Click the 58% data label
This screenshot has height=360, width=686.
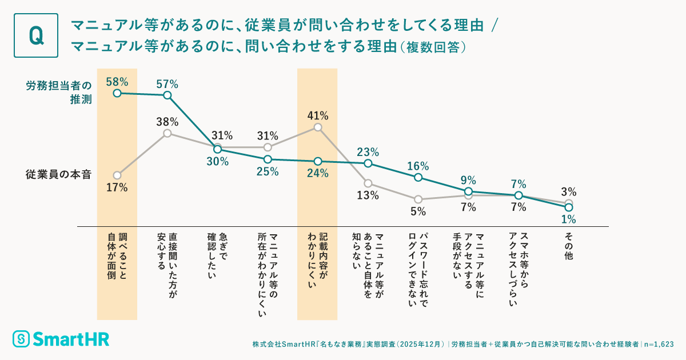click(117, 81)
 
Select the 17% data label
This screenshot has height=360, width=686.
click(117, 187)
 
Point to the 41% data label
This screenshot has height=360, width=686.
click(318, 116)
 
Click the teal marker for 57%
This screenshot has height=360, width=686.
click(167, 95)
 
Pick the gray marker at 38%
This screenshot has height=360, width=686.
click(167, 133)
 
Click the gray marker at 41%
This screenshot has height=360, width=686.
click(318, 127)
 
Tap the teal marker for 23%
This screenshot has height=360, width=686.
click(368, 163)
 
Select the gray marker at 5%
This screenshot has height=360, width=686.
click(418, 199)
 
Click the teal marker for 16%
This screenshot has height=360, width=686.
click(418, 177)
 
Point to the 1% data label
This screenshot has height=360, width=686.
click(568, 219)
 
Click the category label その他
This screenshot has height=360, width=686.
click(568, 246)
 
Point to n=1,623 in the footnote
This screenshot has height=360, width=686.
click(659, 345)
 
